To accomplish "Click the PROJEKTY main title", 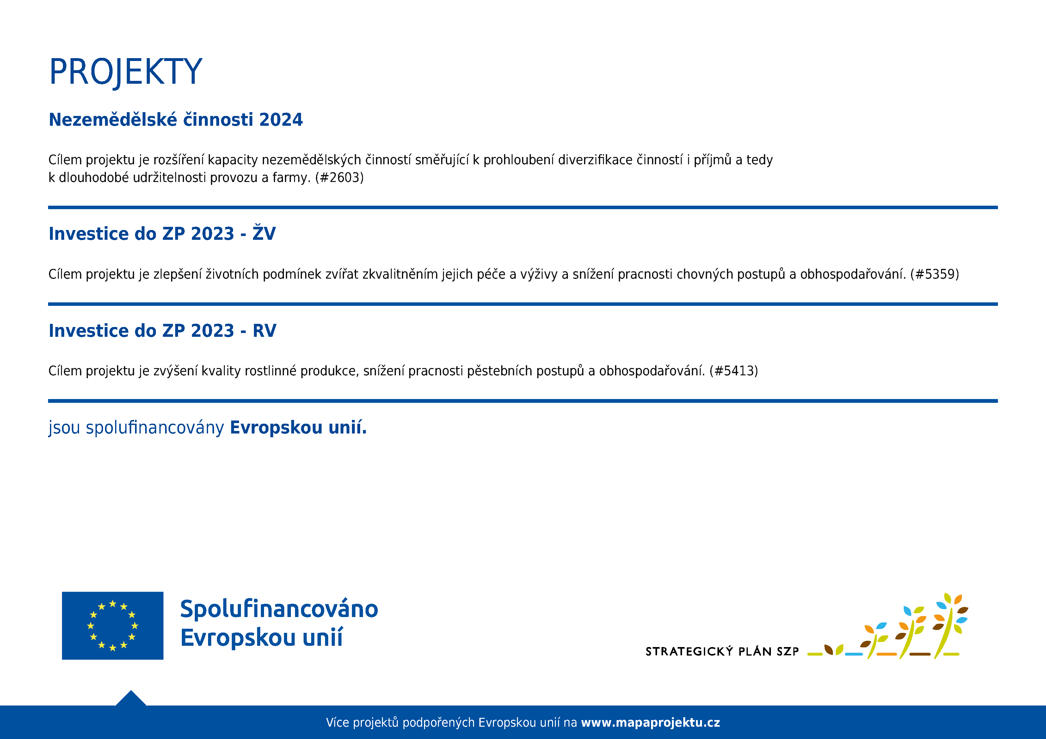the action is (126, 72).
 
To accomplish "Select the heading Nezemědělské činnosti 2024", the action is (175, 119).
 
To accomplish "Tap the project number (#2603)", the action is (339, 178).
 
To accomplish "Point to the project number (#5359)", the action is (934, 274).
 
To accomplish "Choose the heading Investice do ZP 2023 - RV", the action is (162, 330).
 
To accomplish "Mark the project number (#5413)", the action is (734, 371).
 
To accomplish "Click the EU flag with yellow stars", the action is (113, 626).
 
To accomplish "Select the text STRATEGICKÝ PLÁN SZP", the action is (722, 651).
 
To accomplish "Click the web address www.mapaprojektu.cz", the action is (650, 723).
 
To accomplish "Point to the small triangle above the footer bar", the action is (131, 699).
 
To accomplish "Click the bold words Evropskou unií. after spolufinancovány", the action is (298, 427).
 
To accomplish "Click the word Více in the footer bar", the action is (338, 723).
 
